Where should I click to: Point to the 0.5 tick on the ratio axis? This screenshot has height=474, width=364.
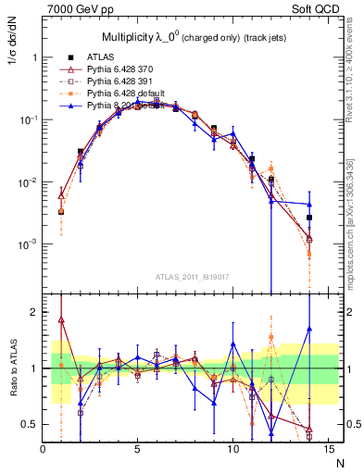click(x=30, y=424)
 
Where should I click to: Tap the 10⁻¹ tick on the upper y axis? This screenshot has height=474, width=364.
click(x=27, y=119)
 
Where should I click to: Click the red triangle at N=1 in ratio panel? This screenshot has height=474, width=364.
click(x=61, y=320)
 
